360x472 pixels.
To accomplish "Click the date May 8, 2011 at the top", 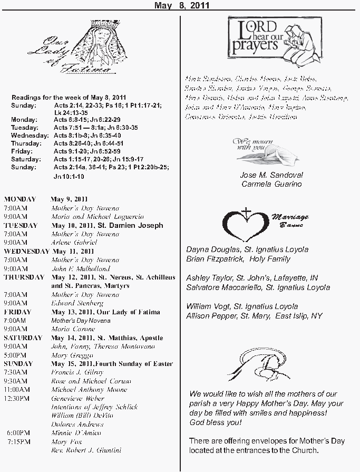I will [181, 6].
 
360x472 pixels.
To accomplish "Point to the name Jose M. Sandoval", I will [271, 175].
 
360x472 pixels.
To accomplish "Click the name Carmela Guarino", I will [271, 184].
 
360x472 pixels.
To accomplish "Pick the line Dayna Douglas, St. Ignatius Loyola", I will [247, 249].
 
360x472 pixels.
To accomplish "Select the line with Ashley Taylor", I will [252, 277].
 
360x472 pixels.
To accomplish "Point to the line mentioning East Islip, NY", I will [254, 316].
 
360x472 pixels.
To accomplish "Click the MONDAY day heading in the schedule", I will [20, 199].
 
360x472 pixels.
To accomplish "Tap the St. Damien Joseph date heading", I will [107, 225].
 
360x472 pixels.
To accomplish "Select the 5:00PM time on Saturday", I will [15, 355].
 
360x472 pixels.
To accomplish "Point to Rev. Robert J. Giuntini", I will [86, 450].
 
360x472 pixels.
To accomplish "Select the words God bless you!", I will [215, 423].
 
